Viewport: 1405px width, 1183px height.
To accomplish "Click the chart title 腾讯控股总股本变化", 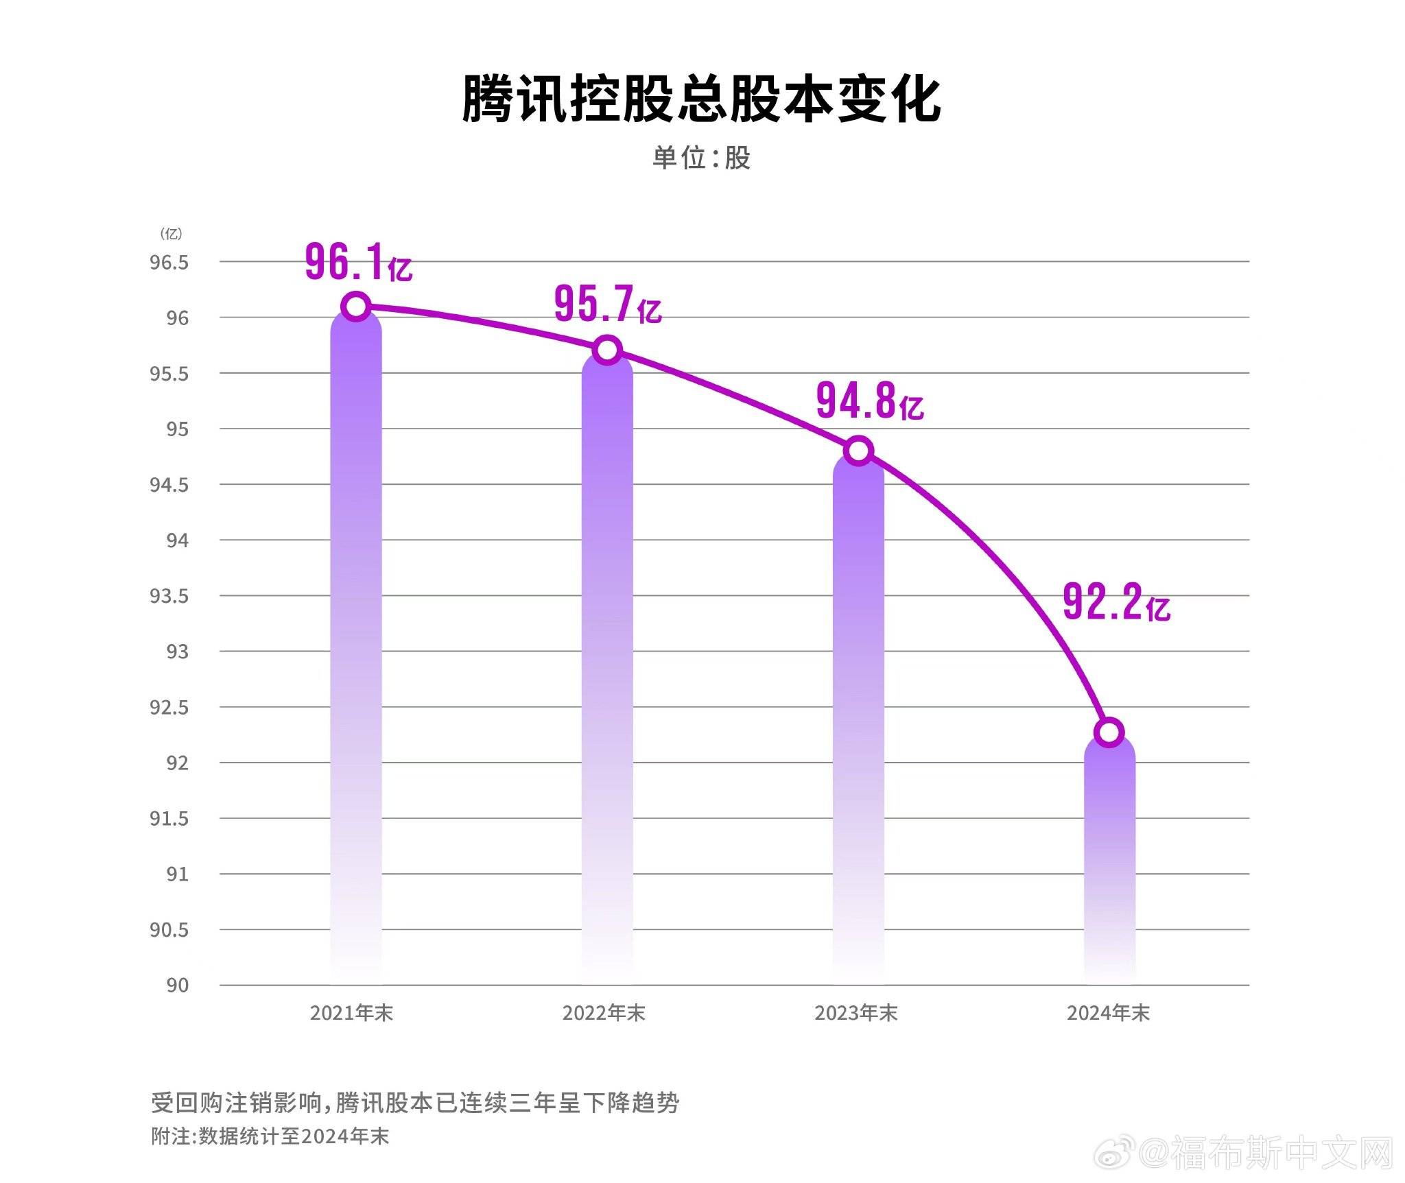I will click(x=701, y=100).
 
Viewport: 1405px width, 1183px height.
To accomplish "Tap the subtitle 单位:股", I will click(x=701, y=158).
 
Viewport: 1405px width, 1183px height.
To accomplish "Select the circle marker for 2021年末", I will click(x=357, y=306).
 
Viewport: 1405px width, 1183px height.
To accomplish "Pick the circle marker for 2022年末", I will click(x=607, y=350).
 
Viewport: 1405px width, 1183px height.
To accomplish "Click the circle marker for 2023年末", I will click(x=858, y=451).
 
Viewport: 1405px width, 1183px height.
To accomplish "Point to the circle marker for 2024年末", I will click(x=1109, y=732).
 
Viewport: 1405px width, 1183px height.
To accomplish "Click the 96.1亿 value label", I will click(x=358, y=263).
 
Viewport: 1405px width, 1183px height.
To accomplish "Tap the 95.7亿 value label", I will click(x=608, y=304).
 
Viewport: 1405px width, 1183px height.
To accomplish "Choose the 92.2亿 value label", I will click(x=1117, y=603).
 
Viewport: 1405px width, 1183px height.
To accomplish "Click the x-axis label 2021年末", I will click(x=351, y=1013).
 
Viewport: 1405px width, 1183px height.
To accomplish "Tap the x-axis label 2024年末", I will click(x=1108, y=1013).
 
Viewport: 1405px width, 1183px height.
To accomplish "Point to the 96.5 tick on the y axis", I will click(x=169, y=263).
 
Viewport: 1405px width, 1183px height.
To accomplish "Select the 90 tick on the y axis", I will click(x=177, y=985).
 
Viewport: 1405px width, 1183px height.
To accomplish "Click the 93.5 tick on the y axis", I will click(x=169, y=596).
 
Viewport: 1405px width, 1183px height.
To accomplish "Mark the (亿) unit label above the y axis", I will click(x=171, y=234).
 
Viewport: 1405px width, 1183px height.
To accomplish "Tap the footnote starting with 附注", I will click(x=270, y=1136).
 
